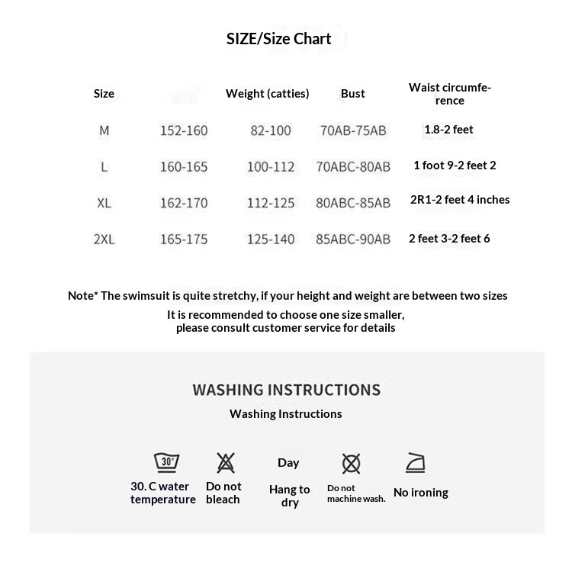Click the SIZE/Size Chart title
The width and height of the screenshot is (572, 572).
tap(278, 39)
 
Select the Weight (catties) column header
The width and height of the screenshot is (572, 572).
tap(267, 94)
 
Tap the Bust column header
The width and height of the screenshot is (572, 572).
tap(352, 94)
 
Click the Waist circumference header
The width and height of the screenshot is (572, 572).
tap(449, 94)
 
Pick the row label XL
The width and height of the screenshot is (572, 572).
tap(104, 203)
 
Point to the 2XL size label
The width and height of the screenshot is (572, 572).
tap(104, 239)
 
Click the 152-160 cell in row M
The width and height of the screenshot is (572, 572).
tap(183, 130)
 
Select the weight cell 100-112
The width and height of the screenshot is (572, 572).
tap(270, 167)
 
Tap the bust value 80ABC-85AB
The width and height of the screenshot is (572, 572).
tap(352, 203)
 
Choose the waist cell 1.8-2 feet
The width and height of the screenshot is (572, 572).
tap(448, 130)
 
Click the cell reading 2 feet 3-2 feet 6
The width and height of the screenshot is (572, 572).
tap(449, 239)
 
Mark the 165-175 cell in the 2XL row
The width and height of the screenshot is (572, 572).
tap(183, 239)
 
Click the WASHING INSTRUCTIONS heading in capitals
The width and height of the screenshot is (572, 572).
tap(286, 390)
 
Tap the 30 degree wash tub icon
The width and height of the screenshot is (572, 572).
tap(166, 462)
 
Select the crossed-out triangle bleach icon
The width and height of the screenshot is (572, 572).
tap(225, 462)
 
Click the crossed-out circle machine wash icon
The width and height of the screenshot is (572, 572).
tap(351, 463)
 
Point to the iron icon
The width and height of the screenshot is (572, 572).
tap(416, 462)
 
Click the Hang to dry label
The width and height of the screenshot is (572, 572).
tap(289, 496)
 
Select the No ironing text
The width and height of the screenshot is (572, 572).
tap(420, 493)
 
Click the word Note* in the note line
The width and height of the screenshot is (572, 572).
tap(82, 296)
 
